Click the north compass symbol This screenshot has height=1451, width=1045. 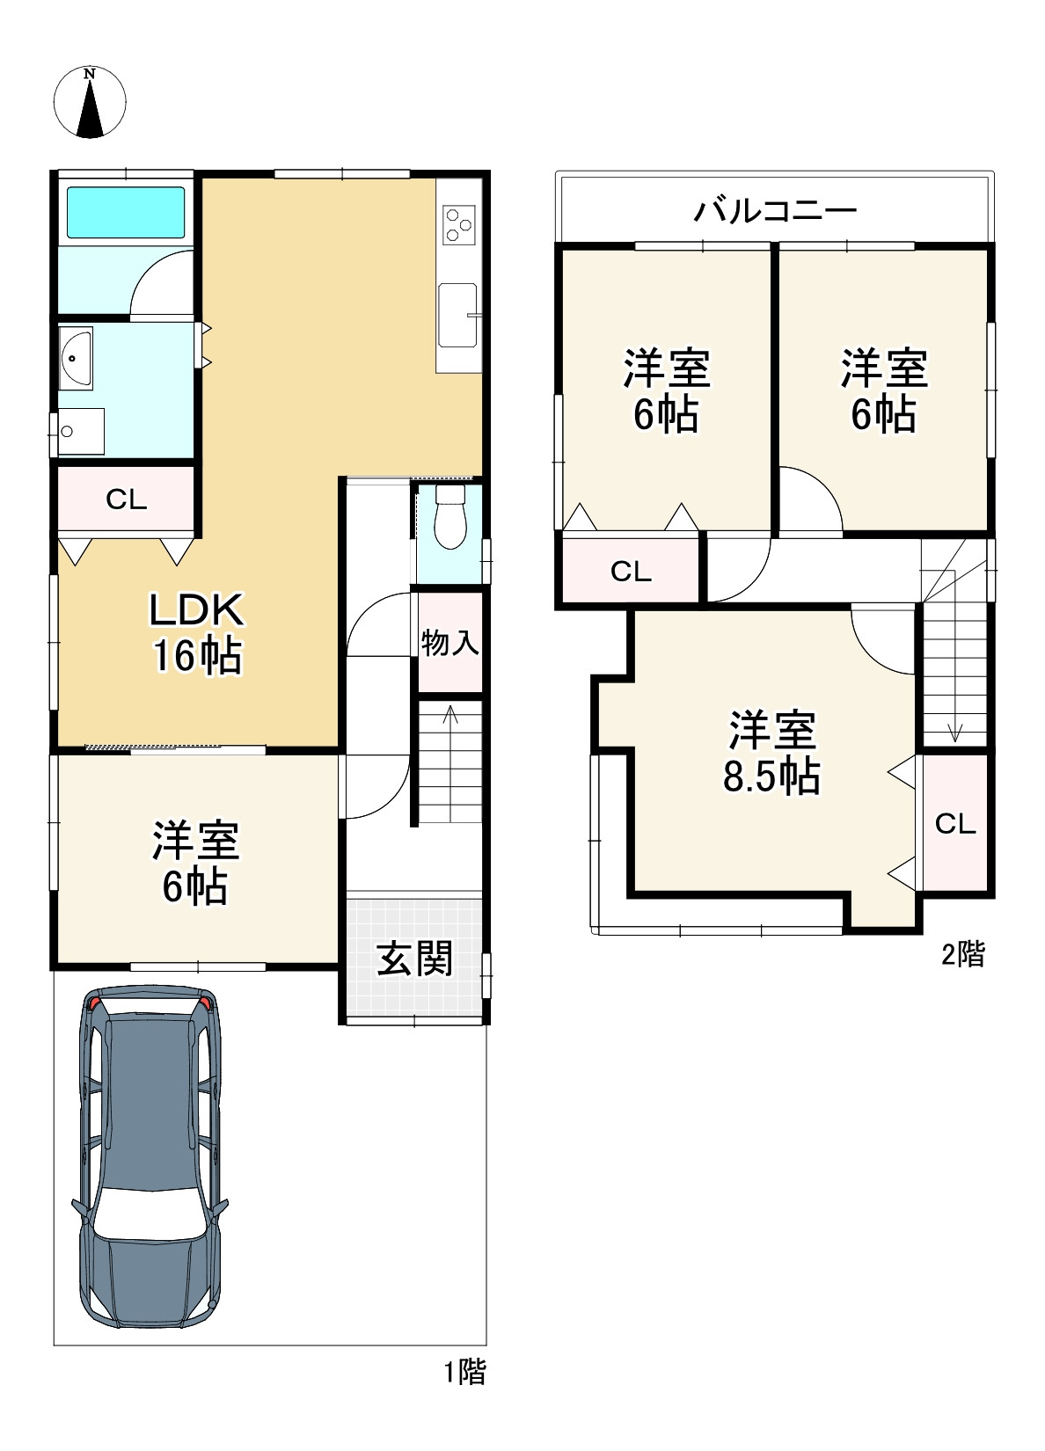click(x=90, y=102)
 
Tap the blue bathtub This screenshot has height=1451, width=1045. click(x=126, y=212)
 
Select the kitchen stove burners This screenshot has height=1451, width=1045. click(x=459, y=225)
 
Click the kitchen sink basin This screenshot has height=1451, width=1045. click(x=457, y=315)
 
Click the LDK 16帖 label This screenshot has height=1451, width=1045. click(x=197, y=633)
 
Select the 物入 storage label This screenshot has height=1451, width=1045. click(x=449, y=643)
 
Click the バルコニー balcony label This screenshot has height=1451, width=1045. click(x=776, y=210)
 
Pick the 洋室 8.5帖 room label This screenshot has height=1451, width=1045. click(x=771, y=752)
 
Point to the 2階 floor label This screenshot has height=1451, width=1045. click(x=963, y=954)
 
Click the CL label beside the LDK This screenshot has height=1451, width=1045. click(x=127, y=499)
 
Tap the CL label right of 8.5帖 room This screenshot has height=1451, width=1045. click(x=955, y=823)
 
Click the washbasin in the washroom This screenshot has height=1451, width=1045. click(x=76, y=358)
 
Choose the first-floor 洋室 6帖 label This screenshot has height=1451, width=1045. click(x=195, y=863)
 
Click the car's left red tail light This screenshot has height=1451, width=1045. click(x=95, y=1004)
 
